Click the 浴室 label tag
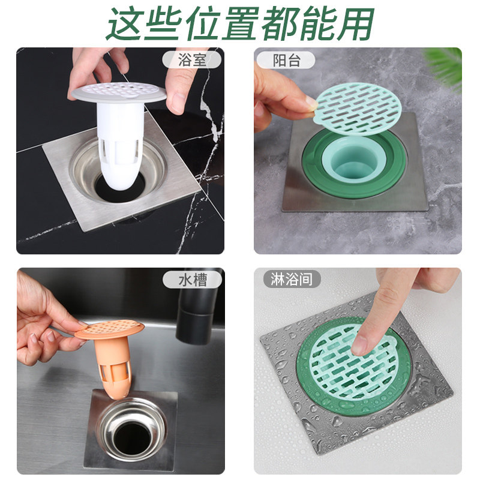pos(191,59)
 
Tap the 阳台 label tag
pos(286,59)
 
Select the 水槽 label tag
pos(191,279)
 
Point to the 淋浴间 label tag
pos(292,279)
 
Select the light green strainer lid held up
pos(358,109)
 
